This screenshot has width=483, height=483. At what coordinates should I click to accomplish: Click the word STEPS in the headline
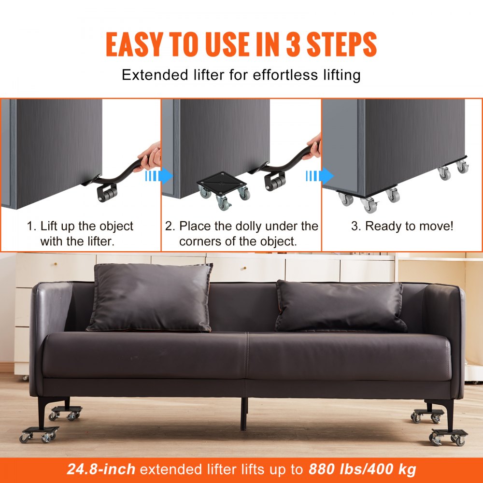click(344, 44)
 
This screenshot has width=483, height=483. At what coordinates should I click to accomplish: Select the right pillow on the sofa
click(340, 307)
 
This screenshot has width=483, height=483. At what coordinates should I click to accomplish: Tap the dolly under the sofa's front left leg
click(39, 433)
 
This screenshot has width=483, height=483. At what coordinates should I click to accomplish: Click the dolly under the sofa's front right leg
click(449, 435)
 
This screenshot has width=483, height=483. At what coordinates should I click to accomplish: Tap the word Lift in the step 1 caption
click(49, 226)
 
